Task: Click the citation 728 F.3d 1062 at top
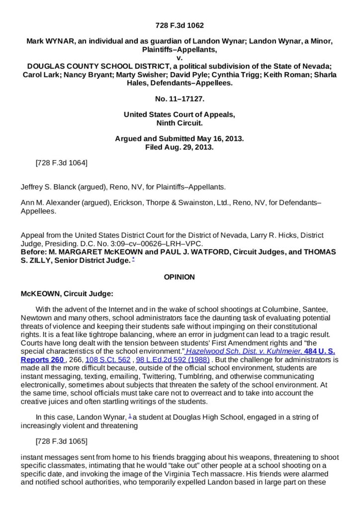coord(180,25)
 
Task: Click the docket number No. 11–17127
coord(180,99)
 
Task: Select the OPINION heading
coord(180,277)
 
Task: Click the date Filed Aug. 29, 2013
coord(180,148)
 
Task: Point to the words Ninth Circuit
coord(180,123)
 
